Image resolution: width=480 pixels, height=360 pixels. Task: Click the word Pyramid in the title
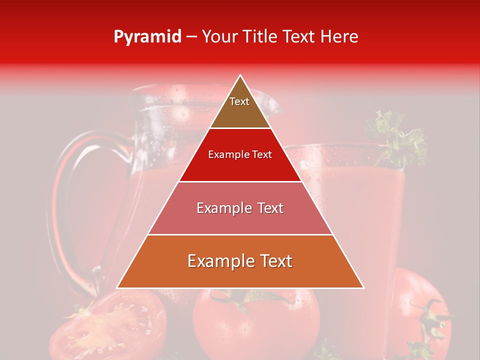tap(147, 37)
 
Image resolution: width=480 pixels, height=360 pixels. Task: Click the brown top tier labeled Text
tap(239, 107)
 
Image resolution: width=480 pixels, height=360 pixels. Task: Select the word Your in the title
tap(219, 37)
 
